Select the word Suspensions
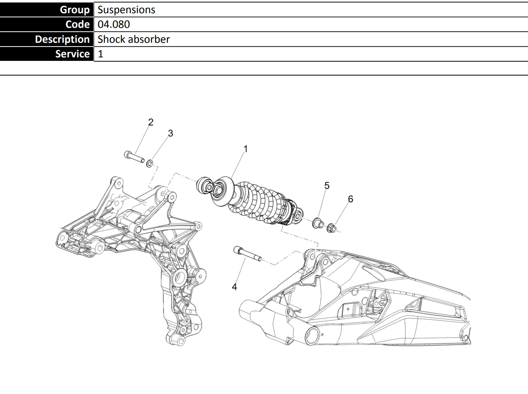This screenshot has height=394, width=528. tap(126, 10)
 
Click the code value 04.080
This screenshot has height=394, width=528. tap(114, 24)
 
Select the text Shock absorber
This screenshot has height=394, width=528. tap(133, 39)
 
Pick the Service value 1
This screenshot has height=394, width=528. tap(100, 54)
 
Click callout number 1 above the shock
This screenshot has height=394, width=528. tap(245, 149)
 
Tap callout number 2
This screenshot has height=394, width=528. tap(151, 122)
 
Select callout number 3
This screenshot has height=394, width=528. tap(170, 133)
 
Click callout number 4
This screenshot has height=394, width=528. tap(234, 287)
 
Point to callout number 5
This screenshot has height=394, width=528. tap(327, 186)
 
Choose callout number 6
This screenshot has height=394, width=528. tap(350, 199)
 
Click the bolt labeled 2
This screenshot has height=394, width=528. tap(134, 156)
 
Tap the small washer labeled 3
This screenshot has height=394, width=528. tap(150, 163)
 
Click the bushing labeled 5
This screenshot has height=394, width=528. tap(317, 223)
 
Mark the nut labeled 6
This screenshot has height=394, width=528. tap(332, 228)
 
